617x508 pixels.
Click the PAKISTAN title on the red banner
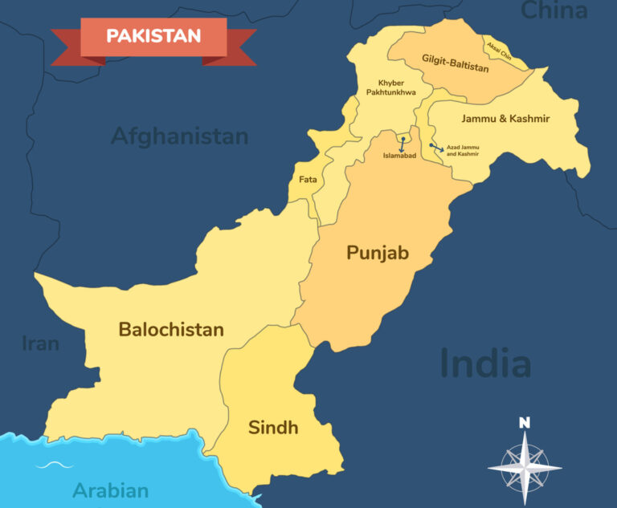pyautogui.click(x=153, y=36)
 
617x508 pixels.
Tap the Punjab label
pyautogui.click(x=378, y=254)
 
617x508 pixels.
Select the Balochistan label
pyautogui.click(x=171, y=330)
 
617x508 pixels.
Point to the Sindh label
pyautogui.click(x=273, y=428)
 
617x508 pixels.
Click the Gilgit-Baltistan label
pyautogui.click(x=455, y=63)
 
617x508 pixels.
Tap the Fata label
pyautogui.click(x=308, y=180)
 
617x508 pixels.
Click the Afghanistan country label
pyautogui.click(x=179, y=136)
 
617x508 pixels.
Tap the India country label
pyautogui.click(x=485, y=364)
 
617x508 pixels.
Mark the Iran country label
pyautogui.click(x=41, y=343)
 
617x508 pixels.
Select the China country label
pyautogui.click(x=554, y=10)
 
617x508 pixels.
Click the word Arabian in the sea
pyautogui.click(x=111, y=490)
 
